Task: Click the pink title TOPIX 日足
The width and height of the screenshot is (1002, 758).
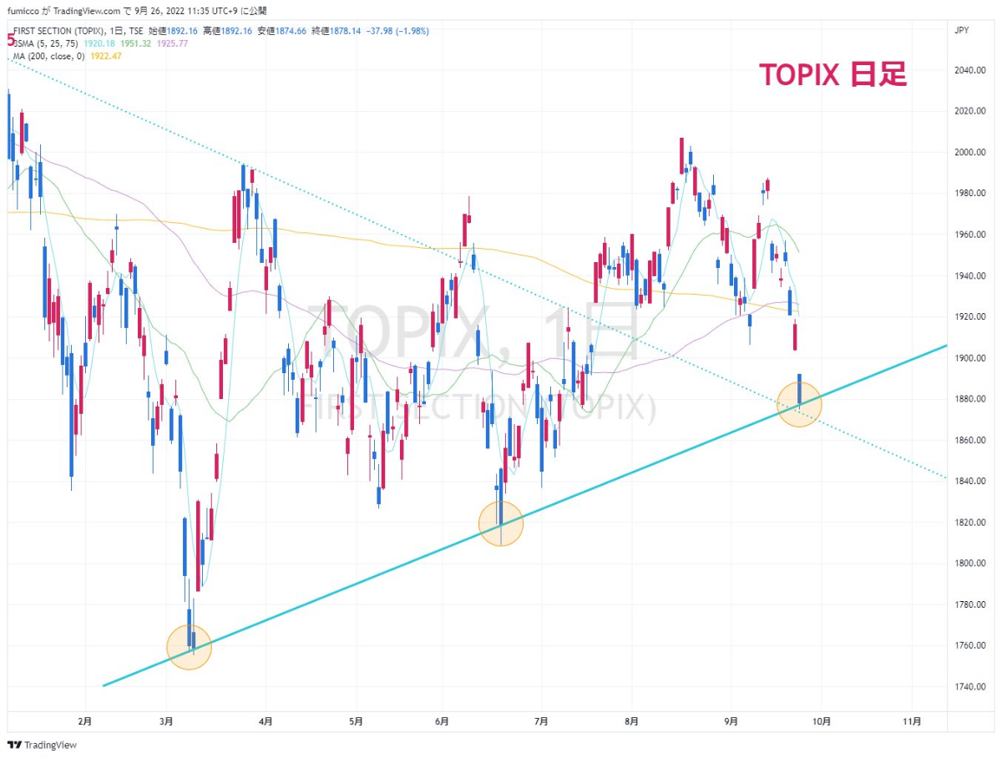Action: (832, 75)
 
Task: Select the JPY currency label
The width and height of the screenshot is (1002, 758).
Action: (961, 30)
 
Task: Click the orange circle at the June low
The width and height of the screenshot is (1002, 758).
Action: (501, 523)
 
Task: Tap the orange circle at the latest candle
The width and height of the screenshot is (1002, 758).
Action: (800, 405)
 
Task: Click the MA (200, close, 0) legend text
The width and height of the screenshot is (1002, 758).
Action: (50, 55)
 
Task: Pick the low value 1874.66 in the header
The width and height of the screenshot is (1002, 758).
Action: (330, 31)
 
